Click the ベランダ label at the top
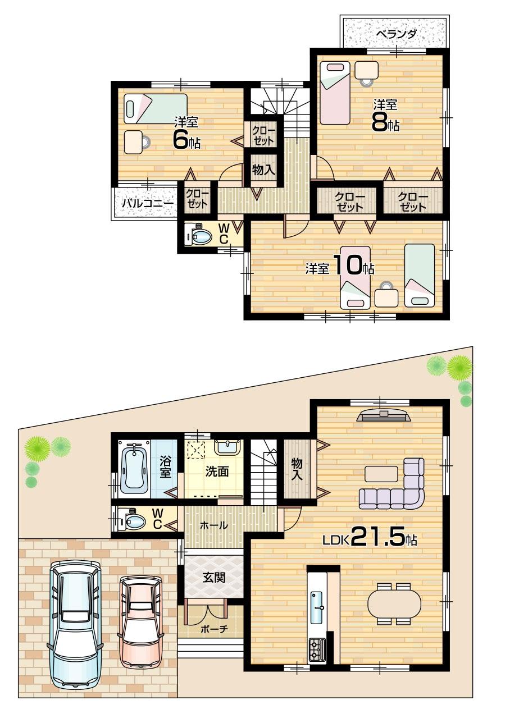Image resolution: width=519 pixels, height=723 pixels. (x=396, y=34)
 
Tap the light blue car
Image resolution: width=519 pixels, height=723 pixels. (x=75, y=623)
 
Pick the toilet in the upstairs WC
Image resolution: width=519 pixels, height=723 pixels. (x=199, y=236)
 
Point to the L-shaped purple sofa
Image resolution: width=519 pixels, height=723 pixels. (x=393, y=487)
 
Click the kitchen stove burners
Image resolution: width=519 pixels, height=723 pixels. (x=316, y=650)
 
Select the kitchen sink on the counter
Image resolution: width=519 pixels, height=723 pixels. (x=317, y=606)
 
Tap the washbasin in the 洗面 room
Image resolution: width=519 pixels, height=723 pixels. (x=227, y=447)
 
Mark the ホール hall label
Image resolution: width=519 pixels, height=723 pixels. (x=214, y=525)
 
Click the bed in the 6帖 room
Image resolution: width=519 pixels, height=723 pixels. (x=156, y=108)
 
